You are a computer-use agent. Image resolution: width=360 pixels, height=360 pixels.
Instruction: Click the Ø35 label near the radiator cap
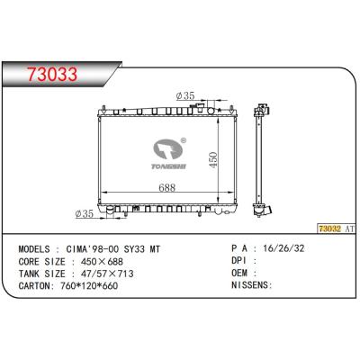[187, 94]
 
